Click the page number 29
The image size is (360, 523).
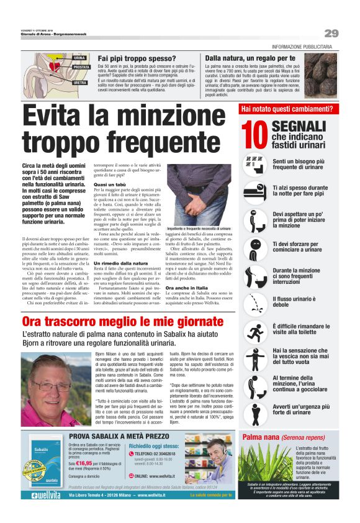coord(331,33)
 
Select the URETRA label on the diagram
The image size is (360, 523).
coord(80,82)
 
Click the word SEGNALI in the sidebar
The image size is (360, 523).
coord(299,127)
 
